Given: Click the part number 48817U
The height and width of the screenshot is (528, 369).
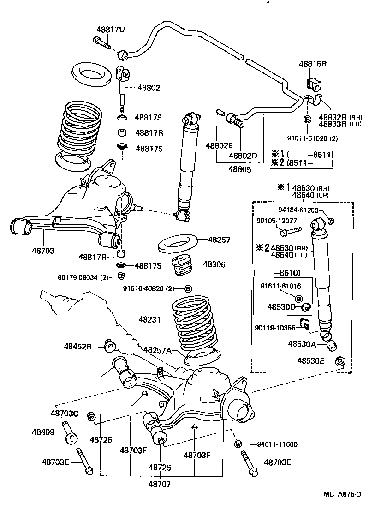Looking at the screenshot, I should [x=111, y=30].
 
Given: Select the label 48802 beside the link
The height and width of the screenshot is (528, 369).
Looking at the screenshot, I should [x=149, y=87].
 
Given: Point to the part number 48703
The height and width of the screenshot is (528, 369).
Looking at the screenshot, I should [x=43, y=251].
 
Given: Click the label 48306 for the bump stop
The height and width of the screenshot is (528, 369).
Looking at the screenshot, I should [x=214, y=264].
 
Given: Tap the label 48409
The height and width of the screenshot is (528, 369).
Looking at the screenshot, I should [x=44, y=432].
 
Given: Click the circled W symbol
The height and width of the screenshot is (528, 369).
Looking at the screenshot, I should [x=238, y=444].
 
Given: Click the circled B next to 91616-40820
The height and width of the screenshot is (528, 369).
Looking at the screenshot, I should [x=188, y=288].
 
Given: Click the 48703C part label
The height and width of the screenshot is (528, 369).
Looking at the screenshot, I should [x=65, y=414].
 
